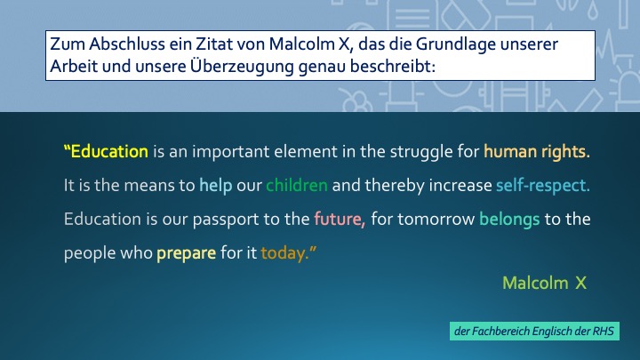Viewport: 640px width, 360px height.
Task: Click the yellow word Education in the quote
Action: (x=109, y=151)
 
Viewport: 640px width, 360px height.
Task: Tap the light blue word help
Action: (x=215, y=186)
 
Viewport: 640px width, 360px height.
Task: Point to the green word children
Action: (x=297, y=185)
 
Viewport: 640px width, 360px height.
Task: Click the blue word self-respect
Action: (x=543, y=186)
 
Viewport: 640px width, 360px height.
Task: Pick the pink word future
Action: (x=340, y=220)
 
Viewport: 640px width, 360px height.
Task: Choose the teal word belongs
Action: (x=509, y=220)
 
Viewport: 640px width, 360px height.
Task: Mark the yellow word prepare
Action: (x=186, y=254)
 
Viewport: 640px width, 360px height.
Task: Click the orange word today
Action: (x=285, y=254)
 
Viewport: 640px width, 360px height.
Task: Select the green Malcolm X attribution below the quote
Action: (x=545, y=283)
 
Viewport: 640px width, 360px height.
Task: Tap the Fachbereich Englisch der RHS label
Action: (x=534, y=331)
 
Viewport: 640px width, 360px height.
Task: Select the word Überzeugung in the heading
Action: (x=242, y=66)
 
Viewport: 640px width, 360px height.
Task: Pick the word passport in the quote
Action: (x=225, y=220)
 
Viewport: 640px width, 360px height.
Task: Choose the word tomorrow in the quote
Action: (x=436, y=220)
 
